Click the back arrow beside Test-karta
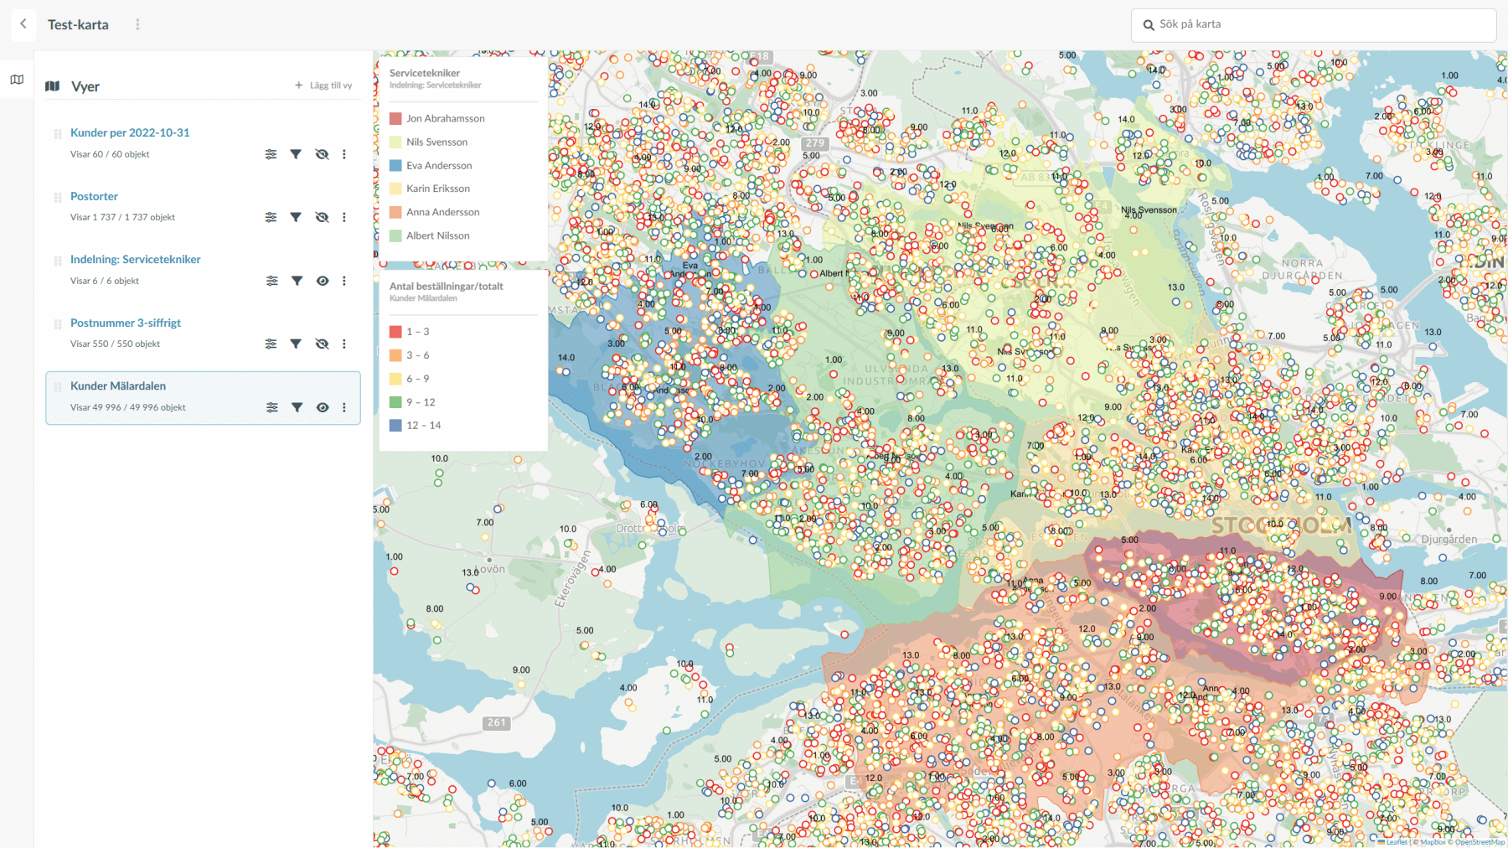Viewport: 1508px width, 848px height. (23, 24)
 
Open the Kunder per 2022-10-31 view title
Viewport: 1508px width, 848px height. (130, 132)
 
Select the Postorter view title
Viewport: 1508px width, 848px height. (94, 196)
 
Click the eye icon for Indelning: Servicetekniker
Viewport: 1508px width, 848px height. (323, 281)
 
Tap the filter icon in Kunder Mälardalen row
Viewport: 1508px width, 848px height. (297, 407)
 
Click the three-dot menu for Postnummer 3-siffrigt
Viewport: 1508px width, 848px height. (344, 344)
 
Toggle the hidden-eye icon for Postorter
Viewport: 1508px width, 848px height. (322, 217)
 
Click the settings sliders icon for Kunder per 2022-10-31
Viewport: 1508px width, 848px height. (271, 154)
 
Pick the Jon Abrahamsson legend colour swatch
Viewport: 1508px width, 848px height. (395, 118)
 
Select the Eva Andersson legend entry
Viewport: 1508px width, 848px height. (439, 165)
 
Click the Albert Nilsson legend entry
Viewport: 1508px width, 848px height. (437, 235)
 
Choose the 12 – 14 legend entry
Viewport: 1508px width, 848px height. (423, 425)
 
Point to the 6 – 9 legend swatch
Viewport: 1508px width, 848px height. (395, 379)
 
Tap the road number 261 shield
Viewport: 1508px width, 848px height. (497, 722)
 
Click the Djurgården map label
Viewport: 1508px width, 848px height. (1449, 539)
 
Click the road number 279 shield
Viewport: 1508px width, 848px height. (815, 143)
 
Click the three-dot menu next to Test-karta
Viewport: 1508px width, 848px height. (137, 24)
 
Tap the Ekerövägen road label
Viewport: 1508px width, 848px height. (572, 578)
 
